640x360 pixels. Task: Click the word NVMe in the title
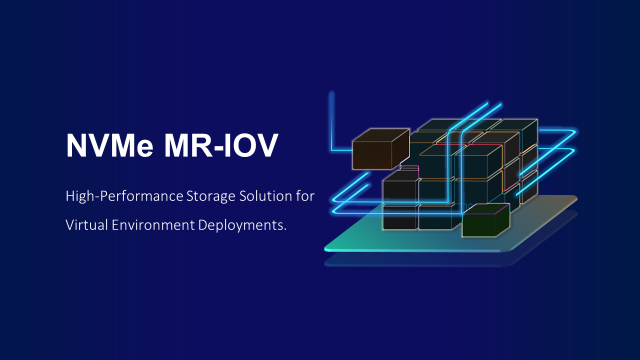[x=110, y=145]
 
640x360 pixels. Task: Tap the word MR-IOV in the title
[x=221, y=145]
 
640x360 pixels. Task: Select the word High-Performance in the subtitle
[x=124, y=196]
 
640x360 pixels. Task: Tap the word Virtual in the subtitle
[x=87, y=225]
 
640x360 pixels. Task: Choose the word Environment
[x=153, y=225]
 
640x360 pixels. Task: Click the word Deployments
[x=240, y=225]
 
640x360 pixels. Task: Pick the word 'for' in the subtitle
[x=305, y=196]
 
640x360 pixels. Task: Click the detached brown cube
[x=381, y=149]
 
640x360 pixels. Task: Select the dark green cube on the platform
[x=485, y=220]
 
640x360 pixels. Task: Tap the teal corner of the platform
[x=328, y=248]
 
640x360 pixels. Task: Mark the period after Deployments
[x=285, y=229]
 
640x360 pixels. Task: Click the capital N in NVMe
[x=75, y=145]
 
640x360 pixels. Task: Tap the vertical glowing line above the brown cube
[x=331, y=120]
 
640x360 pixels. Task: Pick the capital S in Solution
[x=243, y=196]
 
